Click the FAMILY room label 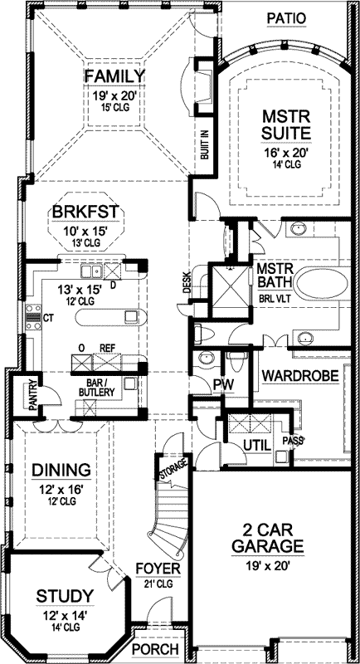pyautogui.click(x=114, y=76)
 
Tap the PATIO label pyautogui.click(x=286, y=17)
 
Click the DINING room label pyautogui.click(x=61, y=471)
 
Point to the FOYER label pyautogui.click(x=155, y=569)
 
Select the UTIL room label pyautogui.click(x=257, y=447)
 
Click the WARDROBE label pyautogui.click(x=300, y=376)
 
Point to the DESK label pyautogui.click(x=187, y=285)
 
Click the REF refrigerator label pyautogui.click(x=106, y=349)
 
